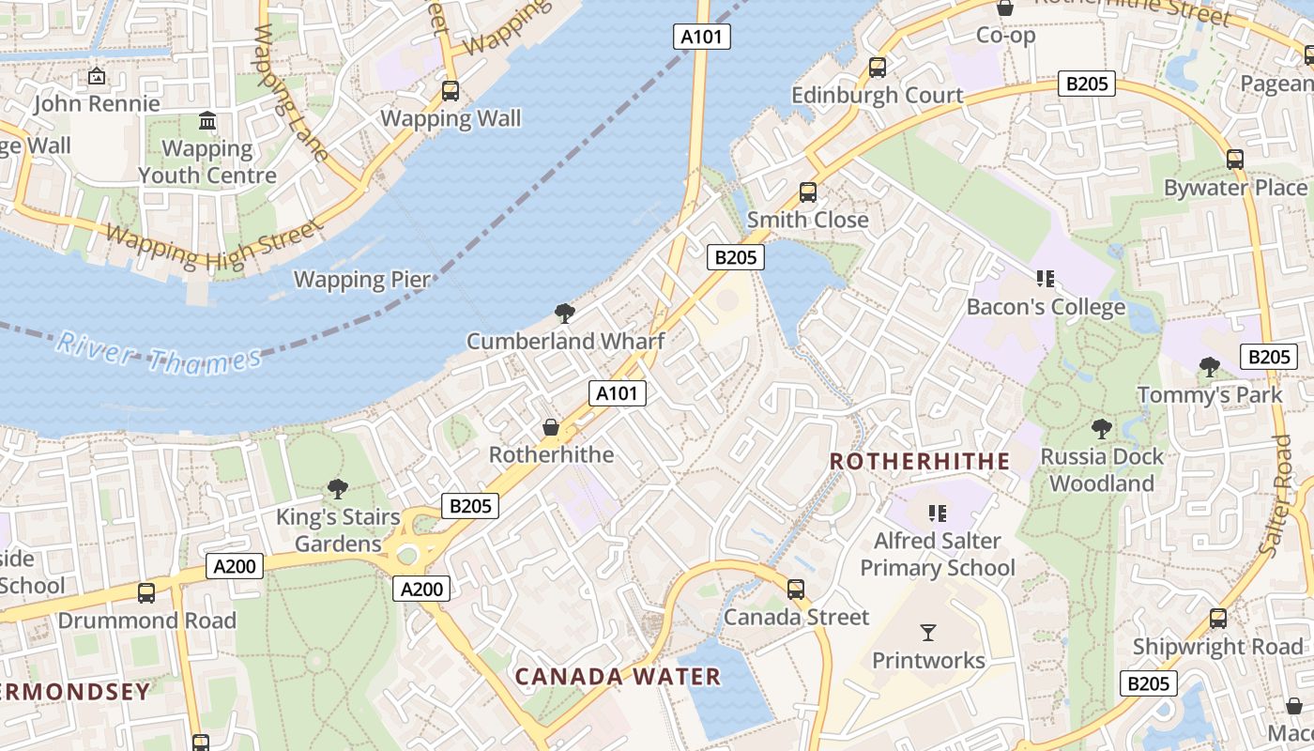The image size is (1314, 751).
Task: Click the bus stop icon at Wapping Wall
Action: click(x=451, y=91)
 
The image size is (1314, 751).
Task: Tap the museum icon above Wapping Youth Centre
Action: click(x=207, y=121)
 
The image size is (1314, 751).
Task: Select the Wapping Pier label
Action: click(x=362, y=280)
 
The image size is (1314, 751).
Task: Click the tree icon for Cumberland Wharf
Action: click(x=565, y=314)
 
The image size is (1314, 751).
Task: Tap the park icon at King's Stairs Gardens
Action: click(x=338, y=489)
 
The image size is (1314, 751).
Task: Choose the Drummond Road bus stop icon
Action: click(x=146, y=593)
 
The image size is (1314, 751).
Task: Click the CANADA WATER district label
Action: click(x=618, y=676)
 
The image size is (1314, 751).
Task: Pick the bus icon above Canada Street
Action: click(x=796, y=590)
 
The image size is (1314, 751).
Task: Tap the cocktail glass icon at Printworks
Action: click(x=928, y=633)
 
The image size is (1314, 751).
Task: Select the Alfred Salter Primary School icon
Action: click(x=937, y=513)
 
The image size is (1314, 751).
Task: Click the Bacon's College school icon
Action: click(x=1046, y=279)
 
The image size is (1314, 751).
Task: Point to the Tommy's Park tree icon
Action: click(x=1210, y=367)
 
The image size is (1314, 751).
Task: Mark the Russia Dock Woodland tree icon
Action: click(x=1102, y=429)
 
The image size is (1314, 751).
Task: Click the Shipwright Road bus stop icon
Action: click(x=1218, y=619)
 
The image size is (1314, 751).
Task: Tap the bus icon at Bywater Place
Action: click(x=1235, y=160)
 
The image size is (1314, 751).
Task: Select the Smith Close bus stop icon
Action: click(x=808, y=192)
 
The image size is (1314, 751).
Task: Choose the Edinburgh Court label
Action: click(x=877, y=95)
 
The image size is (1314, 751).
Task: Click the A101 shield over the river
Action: click(x=701, y=38)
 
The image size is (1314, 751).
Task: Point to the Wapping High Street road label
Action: click(x=211, y=247)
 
